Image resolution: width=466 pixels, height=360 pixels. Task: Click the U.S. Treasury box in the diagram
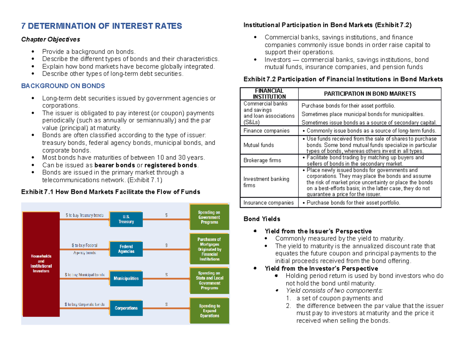[x=126, y=219]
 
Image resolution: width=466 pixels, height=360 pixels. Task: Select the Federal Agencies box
[x=126, y=249]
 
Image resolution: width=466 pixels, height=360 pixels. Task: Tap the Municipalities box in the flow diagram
[x=126, y=278]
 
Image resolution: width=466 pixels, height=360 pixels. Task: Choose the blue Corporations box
[x=126, y=308]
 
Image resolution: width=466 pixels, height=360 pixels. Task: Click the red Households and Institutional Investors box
[x=41, y=263]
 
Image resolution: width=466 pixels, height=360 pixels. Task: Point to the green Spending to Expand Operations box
[x=209, y=311]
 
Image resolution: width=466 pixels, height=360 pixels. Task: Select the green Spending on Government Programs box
[x=209, y=217]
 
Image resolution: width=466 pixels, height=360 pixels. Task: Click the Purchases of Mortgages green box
[x=209, y=249]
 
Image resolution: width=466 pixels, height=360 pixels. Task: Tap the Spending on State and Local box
[x=209, y=281]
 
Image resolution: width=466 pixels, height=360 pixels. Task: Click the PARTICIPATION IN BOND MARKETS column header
[x=370, y=94]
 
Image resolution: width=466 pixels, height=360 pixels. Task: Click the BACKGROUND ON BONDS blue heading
[x=63, y=85]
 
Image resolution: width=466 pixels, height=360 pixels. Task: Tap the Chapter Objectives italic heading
[x=50, y=39]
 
